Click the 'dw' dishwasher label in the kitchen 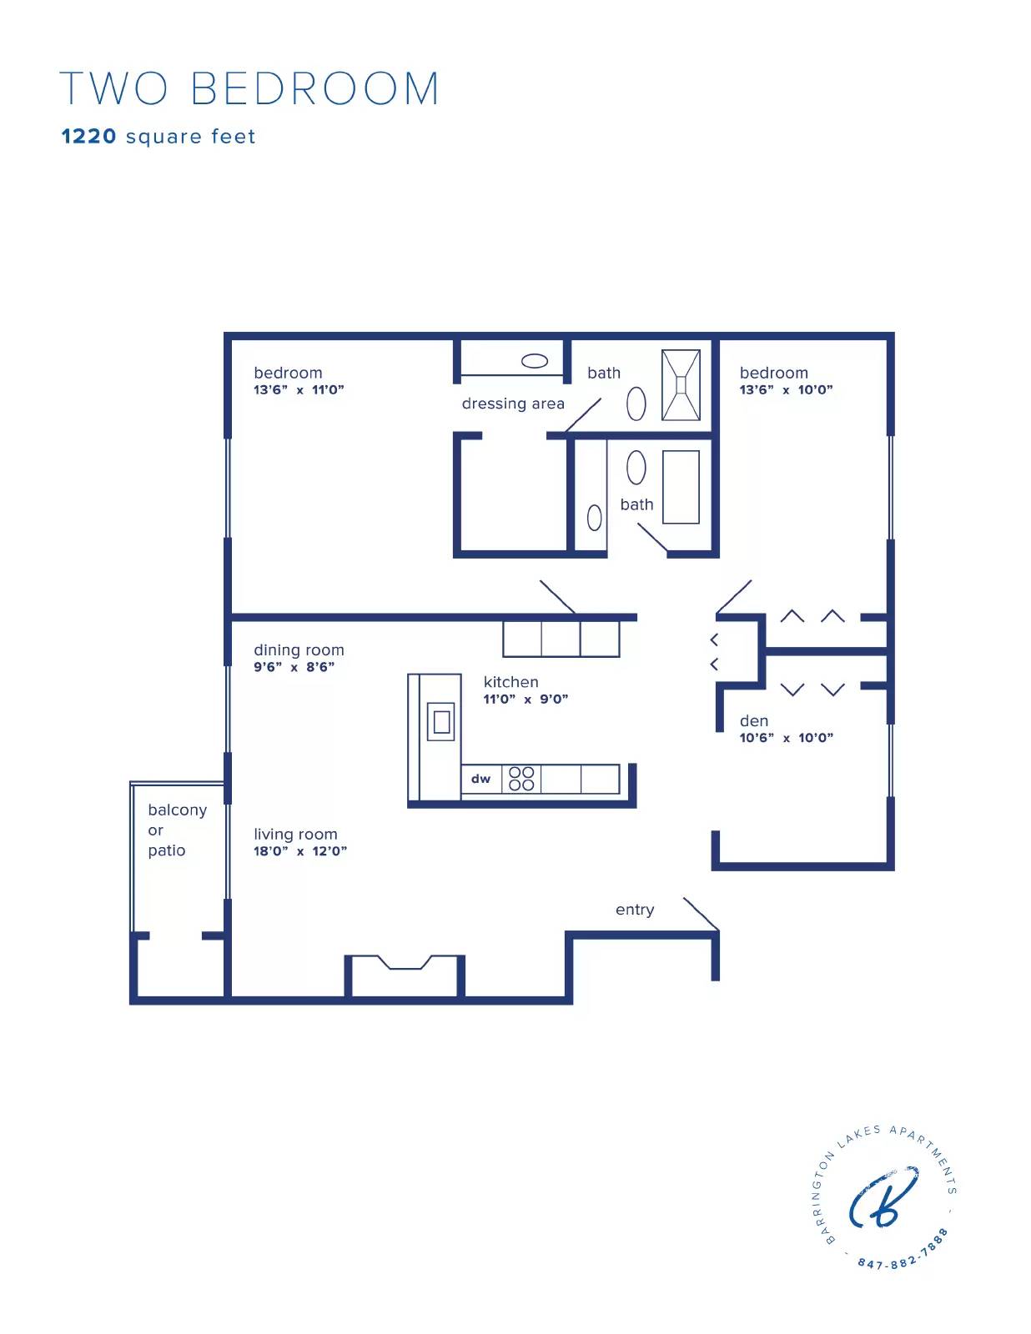pos(480,779)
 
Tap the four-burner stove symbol pos(521,779)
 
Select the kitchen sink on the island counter pos(441,721)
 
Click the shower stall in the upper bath pos(681,385)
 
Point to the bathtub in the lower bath pos(681,487)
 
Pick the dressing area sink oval pos(534,361)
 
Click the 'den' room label pos(753,720)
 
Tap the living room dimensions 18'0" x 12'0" pos(300,851)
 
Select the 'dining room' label pos(299,650)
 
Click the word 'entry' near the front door pos(634,910)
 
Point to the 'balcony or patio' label pos(177,830)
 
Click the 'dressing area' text pos(513,404)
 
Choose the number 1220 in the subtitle pos(88,136)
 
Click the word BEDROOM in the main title pos(315,88)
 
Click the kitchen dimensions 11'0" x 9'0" pos(526,699)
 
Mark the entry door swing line pos(701,914)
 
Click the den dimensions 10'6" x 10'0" pos(786,738)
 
